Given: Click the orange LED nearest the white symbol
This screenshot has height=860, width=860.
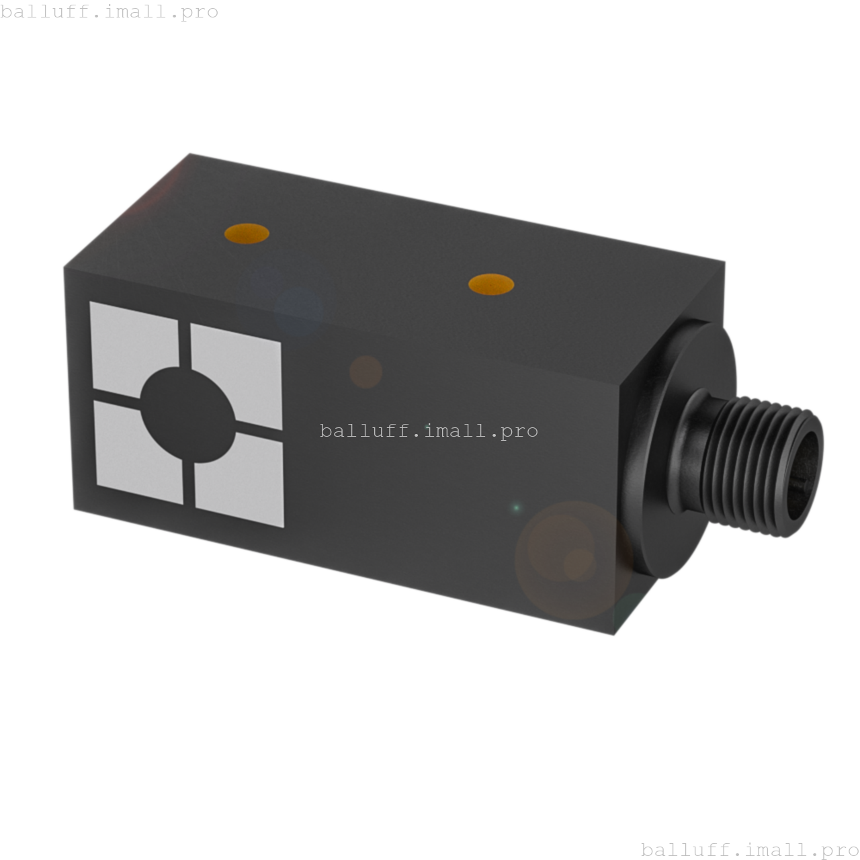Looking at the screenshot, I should (x=247, y=233).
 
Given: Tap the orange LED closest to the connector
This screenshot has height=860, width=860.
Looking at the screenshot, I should (x=491, y=284).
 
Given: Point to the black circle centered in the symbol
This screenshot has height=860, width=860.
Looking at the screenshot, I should (x=188, y=415).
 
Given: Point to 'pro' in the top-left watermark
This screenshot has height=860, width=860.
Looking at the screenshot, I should (x=200, y=13).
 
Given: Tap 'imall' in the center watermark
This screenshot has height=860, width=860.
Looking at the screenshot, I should (x=460, y=431).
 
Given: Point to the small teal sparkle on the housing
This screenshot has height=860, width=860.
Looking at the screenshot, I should (x=516, y=507).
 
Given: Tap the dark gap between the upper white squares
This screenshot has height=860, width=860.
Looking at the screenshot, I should (x=185, y=343).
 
